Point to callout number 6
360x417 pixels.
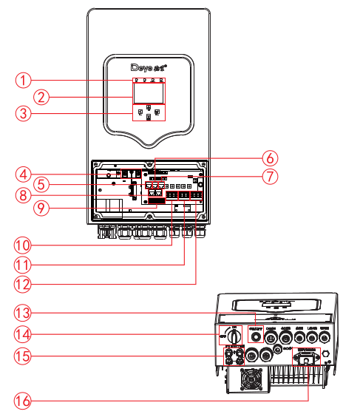271,157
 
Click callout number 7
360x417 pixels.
271,177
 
